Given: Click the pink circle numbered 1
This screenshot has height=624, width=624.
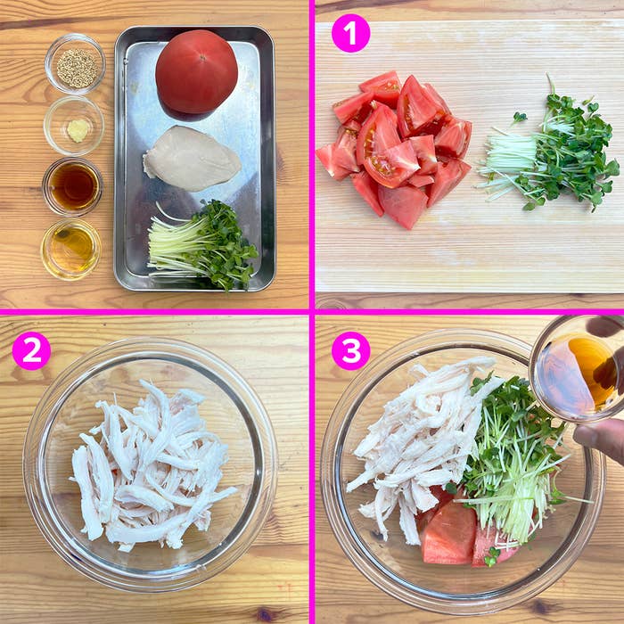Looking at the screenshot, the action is click(350, 33).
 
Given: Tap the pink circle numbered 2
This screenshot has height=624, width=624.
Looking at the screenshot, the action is click(31, 350).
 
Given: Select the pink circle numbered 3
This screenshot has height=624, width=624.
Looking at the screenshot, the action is click(350, 350).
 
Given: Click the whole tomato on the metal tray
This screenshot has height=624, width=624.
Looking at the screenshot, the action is click(197, 75).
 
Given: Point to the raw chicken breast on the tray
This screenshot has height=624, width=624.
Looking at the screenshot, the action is click(192, 158).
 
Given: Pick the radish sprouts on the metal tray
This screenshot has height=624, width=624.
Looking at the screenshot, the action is click(203, 245).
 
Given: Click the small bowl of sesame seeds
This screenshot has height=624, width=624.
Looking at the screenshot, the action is click(75, 64).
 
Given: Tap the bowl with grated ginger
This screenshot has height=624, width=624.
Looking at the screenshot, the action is click(74, 126).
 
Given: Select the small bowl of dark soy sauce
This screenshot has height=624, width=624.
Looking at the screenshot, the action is click(73, 186).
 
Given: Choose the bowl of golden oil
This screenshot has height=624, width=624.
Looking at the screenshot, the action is click(71, 249).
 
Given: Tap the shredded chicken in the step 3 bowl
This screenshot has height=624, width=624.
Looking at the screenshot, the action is click(422, 442).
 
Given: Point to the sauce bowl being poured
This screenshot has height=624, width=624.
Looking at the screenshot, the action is click(577, 368).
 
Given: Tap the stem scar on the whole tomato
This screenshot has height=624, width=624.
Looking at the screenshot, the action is click(202, 58).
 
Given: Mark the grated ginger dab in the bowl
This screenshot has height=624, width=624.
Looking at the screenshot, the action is click(78, 130).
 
